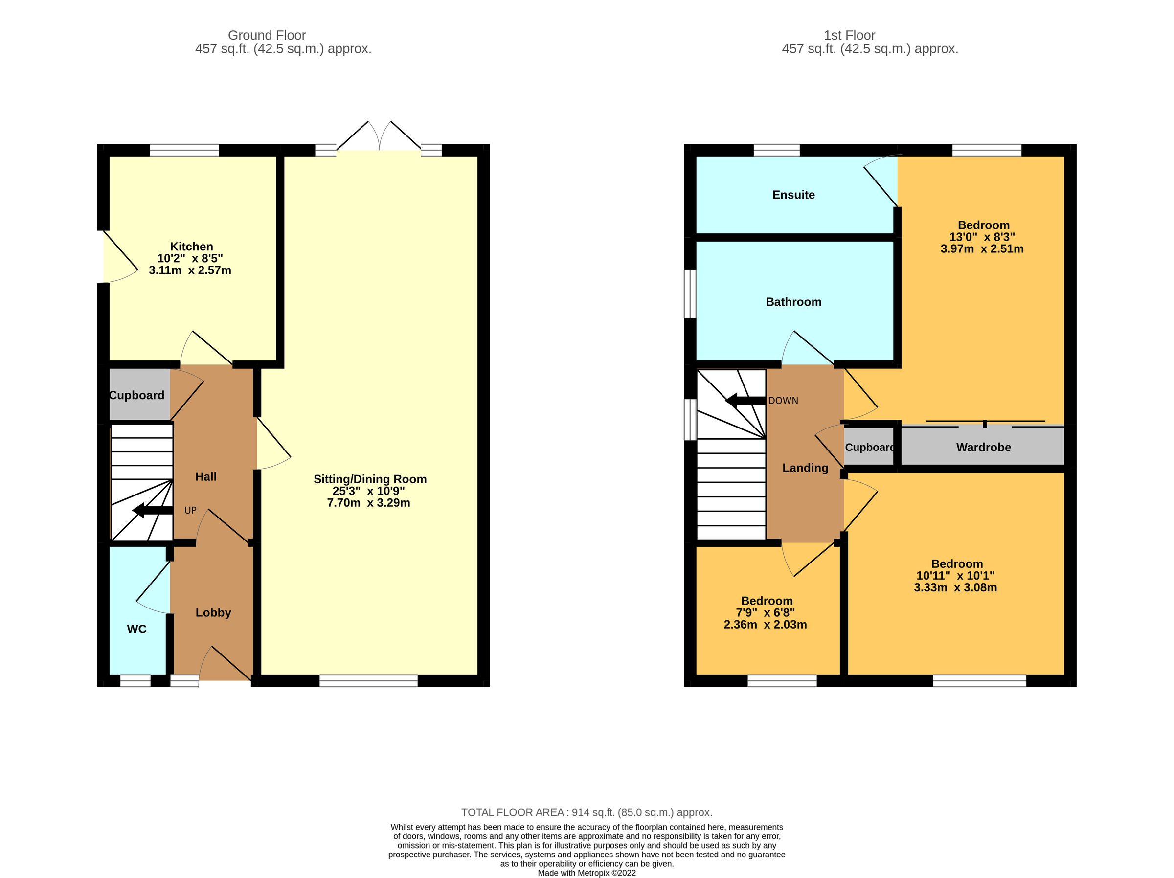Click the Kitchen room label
[x=191, y=247]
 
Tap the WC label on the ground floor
[x=136, y=629]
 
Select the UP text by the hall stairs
[x=190, y=510]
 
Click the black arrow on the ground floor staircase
[x=152, y=511]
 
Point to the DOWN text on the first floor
[x=783, y=401]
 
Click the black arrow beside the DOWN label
[x=745, y=400]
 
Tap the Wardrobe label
[x=983, y=447]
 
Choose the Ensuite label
[x=793, y=195]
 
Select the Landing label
[x=805, y=468]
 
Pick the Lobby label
[x=213, y=612]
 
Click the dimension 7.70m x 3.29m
[x=368, y=503]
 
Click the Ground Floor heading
[x=267, y=36]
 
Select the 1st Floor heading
[x=849, y=36]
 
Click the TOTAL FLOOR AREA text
[x=586, y=812]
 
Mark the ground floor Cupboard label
[x=137, y=395]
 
